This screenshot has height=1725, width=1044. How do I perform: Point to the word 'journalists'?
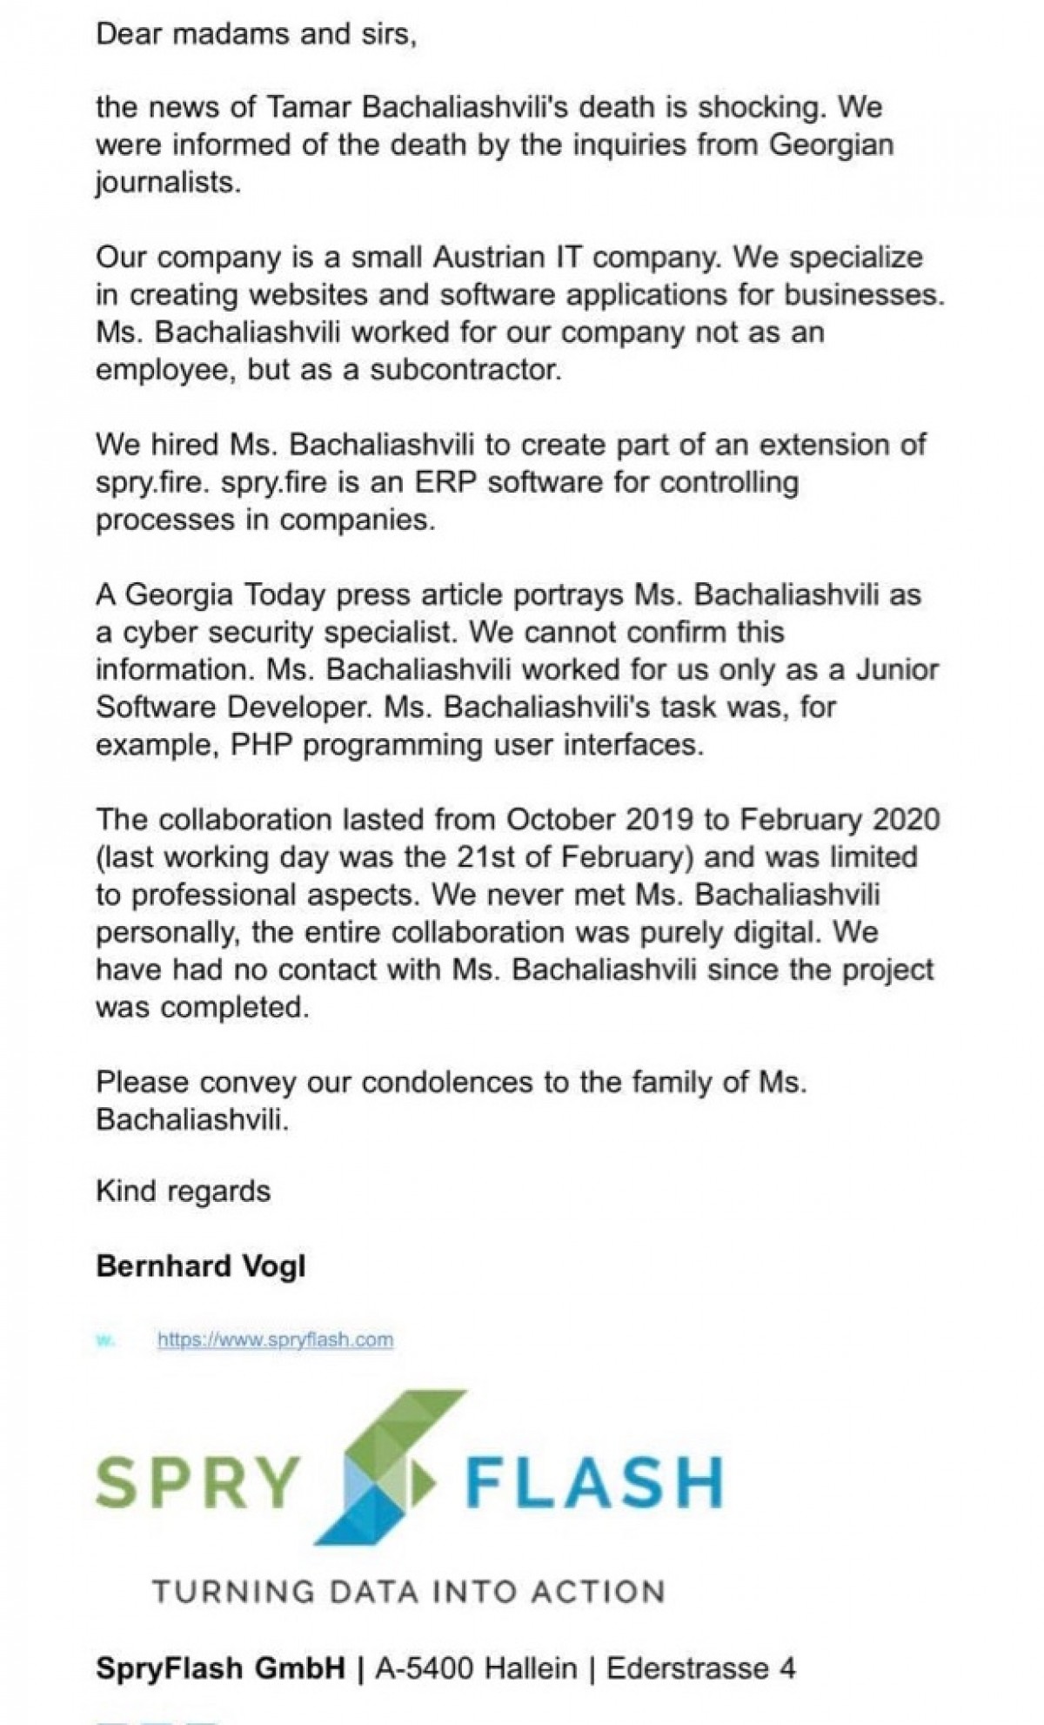(165, 184)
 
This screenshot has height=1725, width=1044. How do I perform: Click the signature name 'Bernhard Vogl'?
(201, 1266)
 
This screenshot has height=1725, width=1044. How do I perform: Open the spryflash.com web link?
(275, 1339)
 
